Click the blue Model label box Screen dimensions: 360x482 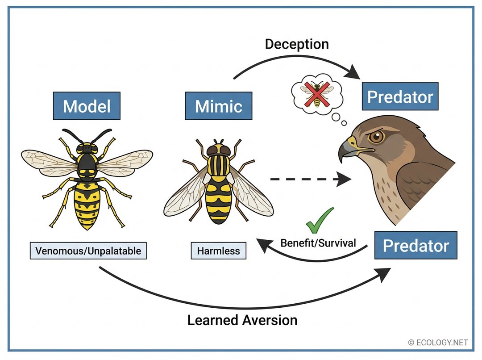pos(86,106)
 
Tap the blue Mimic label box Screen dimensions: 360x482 pos(218,106)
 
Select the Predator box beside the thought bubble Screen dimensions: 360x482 pos(400,96)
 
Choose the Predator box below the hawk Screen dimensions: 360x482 pos(416,245)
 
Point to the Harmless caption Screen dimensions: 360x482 pos(219,251)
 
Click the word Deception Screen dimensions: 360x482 pos(297,44)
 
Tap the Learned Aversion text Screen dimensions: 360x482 pos(242,320)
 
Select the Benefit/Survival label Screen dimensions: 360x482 pos(318,243)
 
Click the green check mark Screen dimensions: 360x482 pos(320,218)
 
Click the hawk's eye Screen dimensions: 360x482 pos(377,137)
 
